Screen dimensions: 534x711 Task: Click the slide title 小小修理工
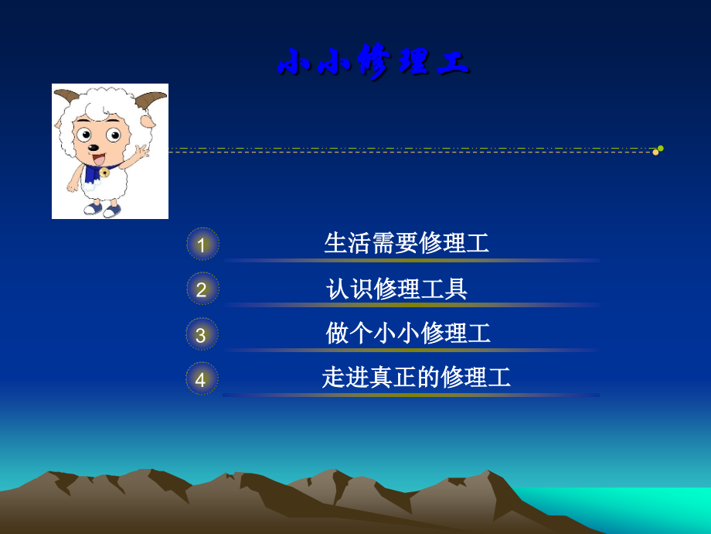[373, 63]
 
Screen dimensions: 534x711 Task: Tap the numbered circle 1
[202, 245]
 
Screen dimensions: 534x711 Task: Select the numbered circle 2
[202, 289]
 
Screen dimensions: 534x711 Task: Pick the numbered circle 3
[202, 334]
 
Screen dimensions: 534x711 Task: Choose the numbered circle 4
[202, 378]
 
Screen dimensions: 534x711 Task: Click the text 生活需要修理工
[407, 243]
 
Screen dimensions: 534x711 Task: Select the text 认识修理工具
[396, 289]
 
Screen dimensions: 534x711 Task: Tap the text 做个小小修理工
[408, 334]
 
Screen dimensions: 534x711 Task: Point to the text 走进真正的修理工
[417, 378]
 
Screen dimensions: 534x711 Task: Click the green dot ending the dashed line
[661, 148]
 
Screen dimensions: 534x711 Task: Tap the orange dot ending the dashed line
[655, 152]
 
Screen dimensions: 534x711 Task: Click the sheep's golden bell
[104, 172]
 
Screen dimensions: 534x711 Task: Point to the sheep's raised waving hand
[141, 150]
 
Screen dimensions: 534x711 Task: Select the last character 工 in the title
[453, 63]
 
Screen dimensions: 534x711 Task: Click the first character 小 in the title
[293, 63]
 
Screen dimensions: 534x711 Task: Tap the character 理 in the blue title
[413, 63]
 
